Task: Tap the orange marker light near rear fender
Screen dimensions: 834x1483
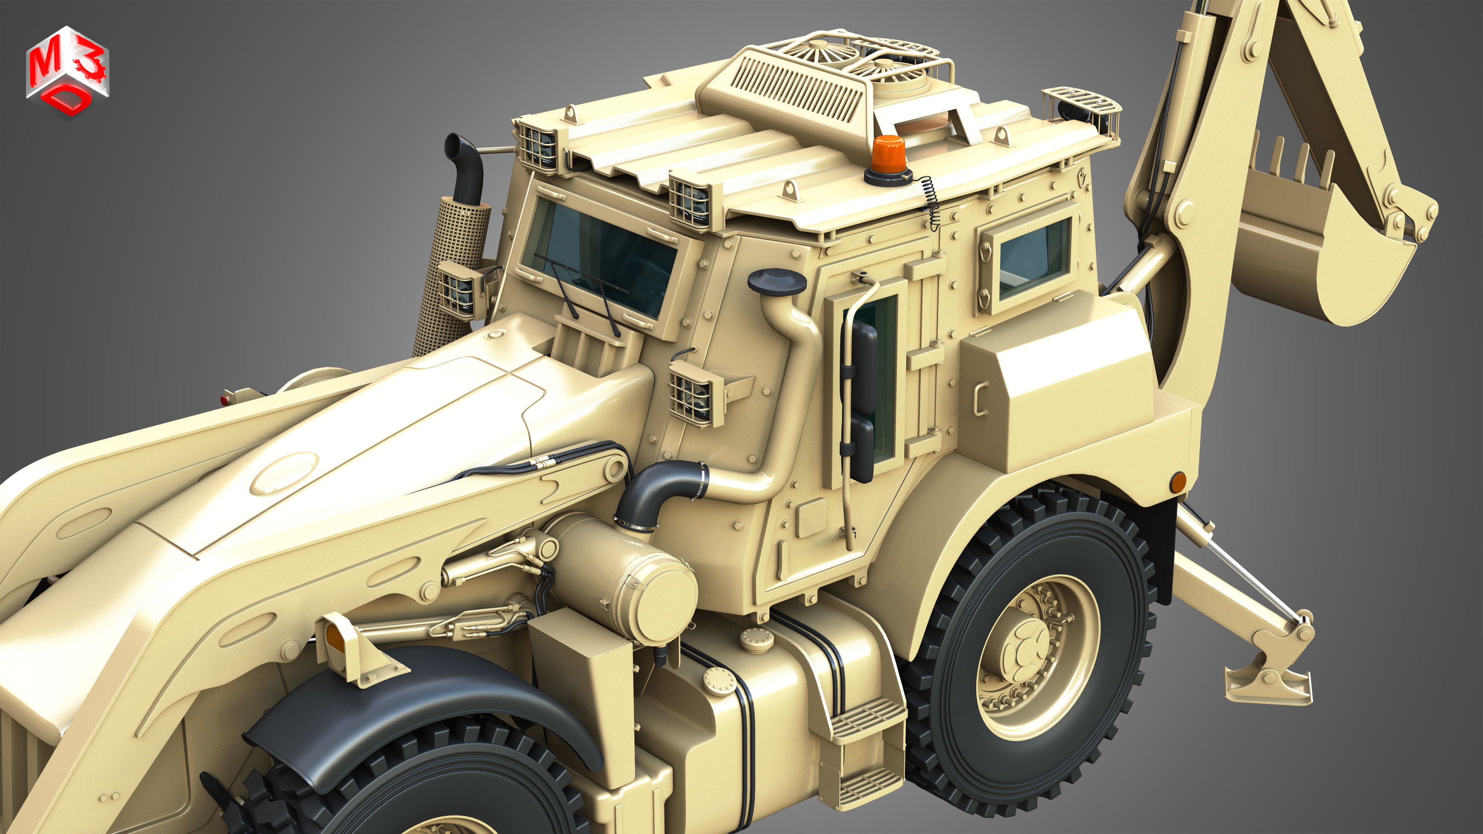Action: [1178, 482]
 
